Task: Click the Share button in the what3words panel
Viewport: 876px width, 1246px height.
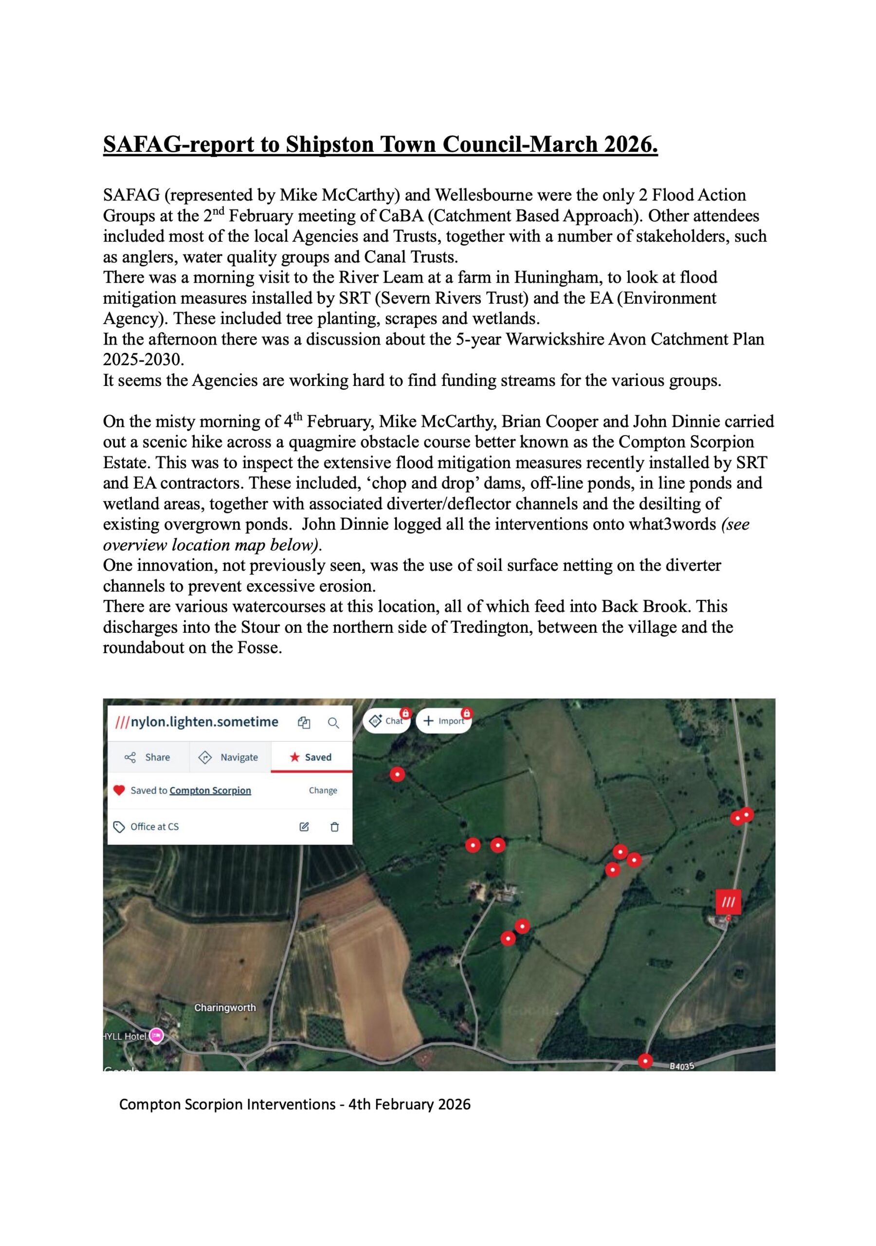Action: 147,757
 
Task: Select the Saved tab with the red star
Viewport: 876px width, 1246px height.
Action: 311,757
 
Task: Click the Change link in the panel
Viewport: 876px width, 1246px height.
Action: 323,790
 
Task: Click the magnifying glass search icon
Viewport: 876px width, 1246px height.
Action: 333,723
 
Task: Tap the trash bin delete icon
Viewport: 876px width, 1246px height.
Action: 334,826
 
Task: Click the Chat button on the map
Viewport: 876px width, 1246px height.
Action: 386,721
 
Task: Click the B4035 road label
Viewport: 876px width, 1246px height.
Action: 682,1066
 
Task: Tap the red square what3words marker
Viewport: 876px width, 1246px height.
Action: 729,902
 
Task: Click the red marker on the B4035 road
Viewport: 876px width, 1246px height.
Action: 645,1061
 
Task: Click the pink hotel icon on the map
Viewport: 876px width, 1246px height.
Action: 156,1036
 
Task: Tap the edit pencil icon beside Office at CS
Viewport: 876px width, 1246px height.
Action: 304,826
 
